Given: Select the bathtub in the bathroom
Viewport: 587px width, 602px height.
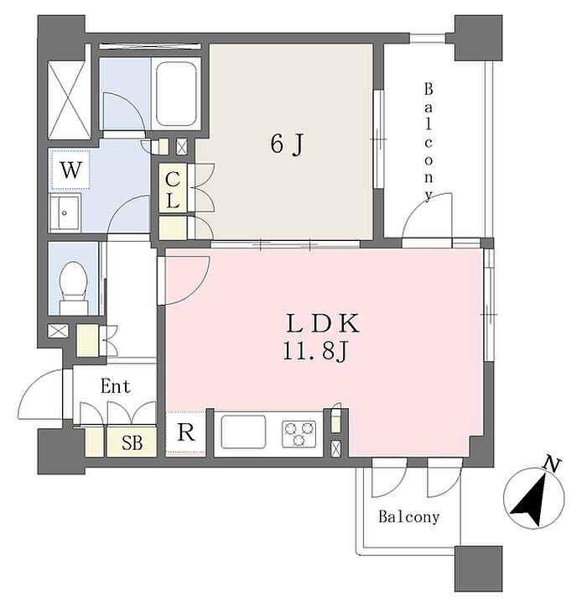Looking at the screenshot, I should pos(176,93).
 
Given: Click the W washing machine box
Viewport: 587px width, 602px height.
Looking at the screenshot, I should pos(70,170).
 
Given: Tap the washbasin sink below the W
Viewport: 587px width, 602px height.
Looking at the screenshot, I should pos(65,215).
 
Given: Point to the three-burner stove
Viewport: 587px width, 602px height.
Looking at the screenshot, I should pos(299,434).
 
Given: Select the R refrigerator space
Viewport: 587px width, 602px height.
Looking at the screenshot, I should pos(186,434).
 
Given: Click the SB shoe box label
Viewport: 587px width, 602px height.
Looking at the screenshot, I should pos(131,442).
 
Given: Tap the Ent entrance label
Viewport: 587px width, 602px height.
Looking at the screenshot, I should pos(115,387).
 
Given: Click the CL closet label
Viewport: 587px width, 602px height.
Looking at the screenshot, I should pos(172,190).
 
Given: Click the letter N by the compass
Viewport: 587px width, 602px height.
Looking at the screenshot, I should pos(551,463).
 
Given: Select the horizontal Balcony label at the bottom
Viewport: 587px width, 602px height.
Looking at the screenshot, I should pos(408,517).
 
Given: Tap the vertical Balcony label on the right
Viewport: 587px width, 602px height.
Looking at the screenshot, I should pos(429,141).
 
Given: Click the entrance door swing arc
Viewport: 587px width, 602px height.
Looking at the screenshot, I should pos(38,395).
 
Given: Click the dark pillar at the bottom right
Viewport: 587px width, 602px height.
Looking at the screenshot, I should pos(477,569).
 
